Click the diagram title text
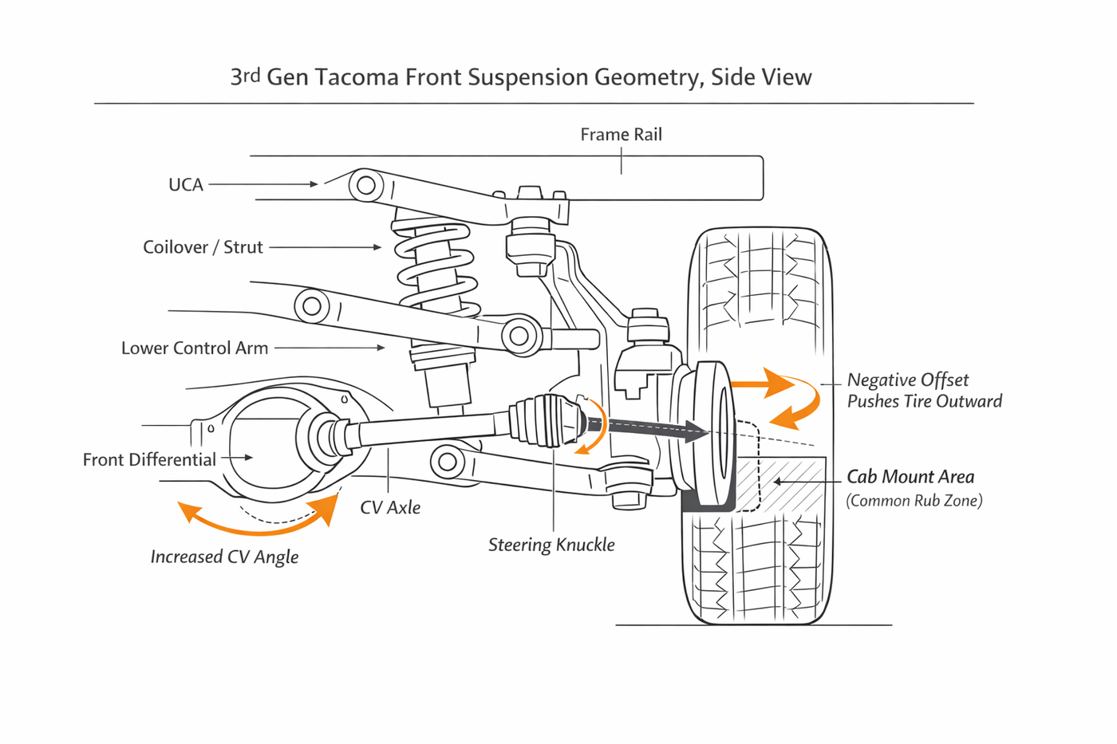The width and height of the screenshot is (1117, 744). tap(521, 77)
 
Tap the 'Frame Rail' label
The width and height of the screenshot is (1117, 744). tap(621, 135)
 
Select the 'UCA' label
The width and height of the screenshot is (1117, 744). tap(186, 185)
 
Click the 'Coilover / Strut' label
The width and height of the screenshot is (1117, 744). tap(203, 247)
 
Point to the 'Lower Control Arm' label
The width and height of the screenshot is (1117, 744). tap(195, 348)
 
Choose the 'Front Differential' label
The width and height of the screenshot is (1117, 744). tap(149, 459)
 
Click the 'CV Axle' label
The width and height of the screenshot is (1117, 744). tap(390, 507)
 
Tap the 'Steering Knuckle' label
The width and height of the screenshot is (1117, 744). tap(551, 545)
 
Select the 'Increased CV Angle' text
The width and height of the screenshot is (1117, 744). tap(224, 557)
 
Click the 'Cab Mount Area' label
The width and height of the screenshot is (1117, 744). tap(910, 477)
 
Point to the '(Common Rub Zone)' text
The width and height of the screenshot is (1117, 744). tap(914, 501)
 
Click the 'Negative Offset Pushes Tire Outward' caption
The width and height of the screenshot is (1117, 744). tap(924, 391)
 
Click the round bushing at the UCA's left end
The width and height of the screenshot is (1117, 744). tap(366, 185)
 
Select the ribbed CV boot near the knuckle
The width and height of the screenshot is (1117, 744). tap(543, 419)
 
